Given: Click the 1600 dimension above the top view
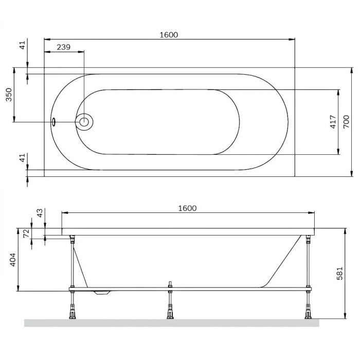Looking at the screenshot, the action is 169,35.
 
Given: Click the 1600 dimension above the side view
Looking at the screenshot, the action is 187,208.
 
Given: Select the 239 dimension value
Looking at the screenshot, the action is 63,47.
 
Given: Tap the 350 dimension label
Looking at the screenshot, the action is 9,95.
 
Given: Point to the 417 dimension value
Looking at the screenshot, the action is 333,122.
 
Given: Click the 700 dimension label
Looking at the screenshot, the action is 346,122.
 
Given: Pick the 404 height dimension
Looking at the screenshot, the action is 13,260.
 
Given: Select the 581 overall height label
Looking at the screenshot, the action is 339,273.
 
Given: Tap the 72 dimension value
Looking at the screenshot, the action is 26,233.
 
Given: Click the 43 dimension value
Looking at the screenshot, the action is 40,213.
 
